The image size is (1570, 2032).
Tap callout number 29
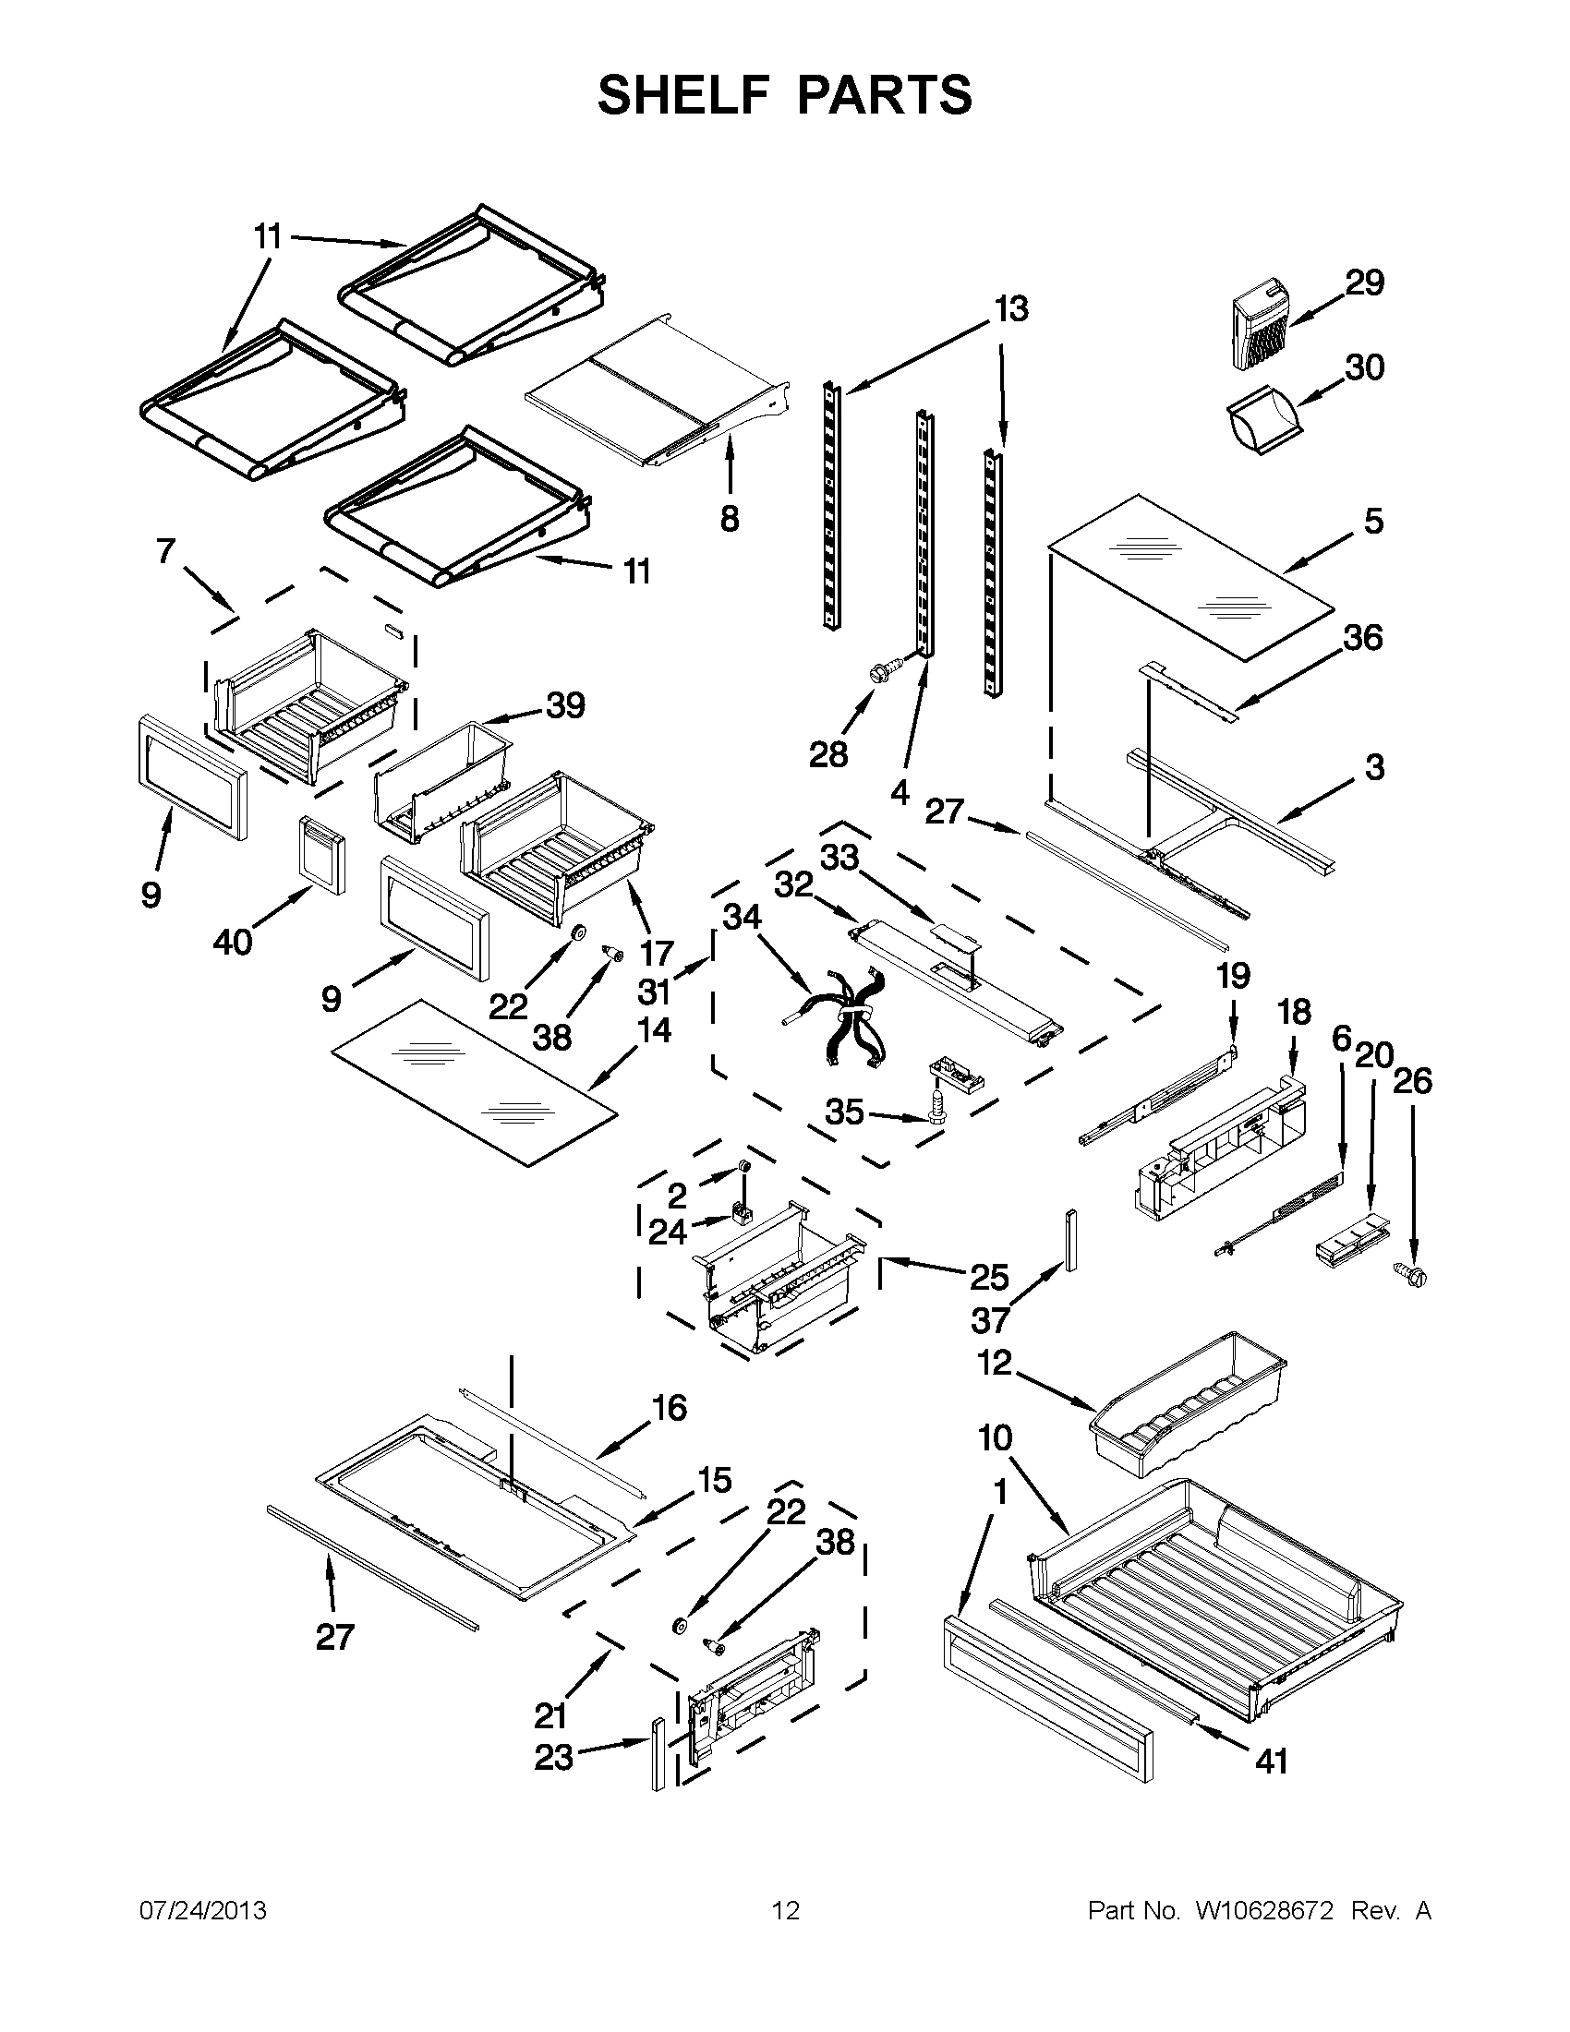pos(1364,282)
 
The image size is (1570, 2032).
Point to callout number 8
pos(729,518)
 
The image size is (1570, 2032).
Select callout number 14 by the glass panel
pos(654,1030)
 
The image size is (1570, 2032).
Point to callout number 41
pos(1271,1761)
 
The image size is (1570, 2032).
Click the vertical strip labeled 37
pos(1071,1240)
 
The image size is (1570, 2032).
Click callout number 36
pos(1362,638)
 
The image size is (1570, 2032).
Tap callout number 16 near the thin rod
pos(669,1408)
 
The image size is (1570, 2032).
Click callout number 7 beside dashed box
pos(165,551)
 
